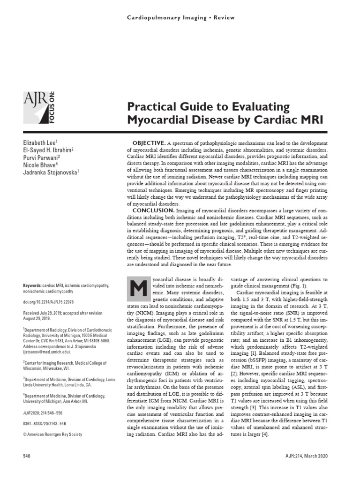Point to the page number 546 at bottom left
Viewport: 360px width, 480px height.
coord(27,456)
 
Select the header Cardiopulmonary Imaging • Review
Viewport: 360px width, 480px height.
coord(180,17)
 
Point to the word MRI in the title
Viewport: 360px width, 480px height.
coord(307,119)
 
